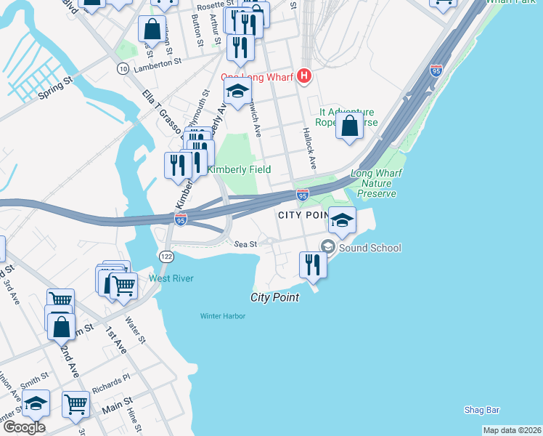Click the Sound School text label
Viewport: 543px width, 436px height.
pos(370,248)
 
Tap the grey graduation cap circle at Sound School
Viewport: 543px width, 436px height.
pos(327,248)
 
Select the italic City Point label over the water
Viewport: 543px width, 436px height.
pos(275,297)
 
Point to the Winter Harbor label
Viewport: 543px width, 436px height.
pos(223,315)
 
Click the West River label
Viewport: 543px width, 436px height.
pos(171,278)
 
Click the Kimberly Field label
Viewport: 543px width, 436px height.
pos(239,169)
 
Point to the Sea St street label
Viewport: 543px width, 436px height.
pos(246,244)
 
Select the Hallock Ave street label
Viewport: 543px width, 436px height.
pos(309,150)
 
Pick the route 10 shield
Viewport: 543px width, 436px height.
pos(123,68)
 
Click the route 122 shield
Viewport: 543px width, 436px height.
pos(166,257)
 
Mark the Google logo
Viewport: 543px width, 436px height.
pos(24,427)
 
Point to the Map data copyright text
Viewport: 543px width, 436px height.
pos(511,430)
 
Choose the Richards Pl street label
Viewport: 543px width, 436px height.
pos(115,379)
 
